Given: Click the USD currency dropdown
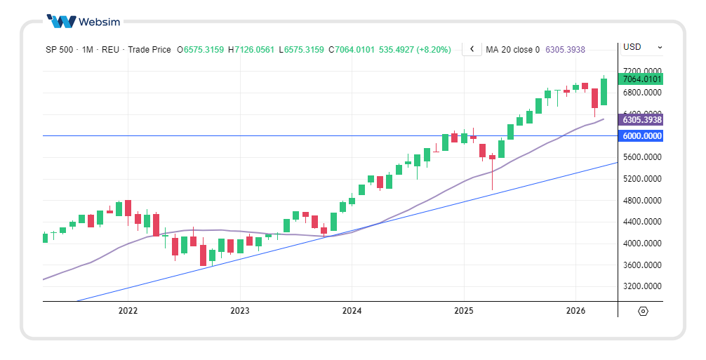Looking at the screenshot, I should [641, 47].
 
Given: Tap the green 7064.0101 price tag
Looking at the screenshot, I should [641, 79].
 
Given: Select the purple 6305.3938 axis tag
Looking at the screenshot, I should [641, 120].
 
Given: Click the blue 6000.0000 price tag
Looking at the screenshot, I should [641, 136].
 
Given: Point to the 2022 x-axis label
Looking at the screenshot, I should [128, 310].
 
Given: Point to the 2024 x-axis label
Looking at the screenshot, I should [352, 310].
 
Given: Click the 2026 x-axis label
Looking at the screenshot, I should [575, 310].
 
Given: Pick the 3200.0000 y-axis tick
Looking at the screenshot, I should [641, 287].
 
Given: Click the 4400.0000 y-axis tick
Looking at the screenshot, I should [641, 222].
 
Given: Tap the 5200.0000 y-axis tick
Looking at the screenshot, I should [641, 179].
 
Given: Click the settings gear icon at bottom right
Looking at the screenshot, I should [644, 311].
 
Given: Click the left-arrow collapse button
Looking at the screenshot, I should [472, 49].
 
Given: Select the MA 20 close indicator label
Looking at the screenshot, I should [512, 50].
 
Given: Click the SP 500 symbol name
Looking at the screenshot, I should [59, 50].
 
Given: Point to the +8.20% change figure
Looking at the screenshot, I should [434, 50].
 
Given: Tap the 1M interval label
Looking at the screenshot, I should [88, 50].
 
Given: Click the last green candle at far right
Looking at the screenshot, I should [604, 92].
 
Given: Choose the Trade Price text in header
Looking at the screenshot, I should [149, 50].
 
